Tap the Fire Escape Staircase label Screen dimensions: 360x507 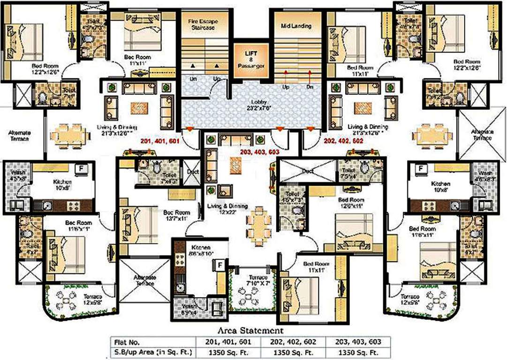[x=205, y=24]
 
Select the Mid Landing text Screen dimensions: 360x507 [x=296, y=26]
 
